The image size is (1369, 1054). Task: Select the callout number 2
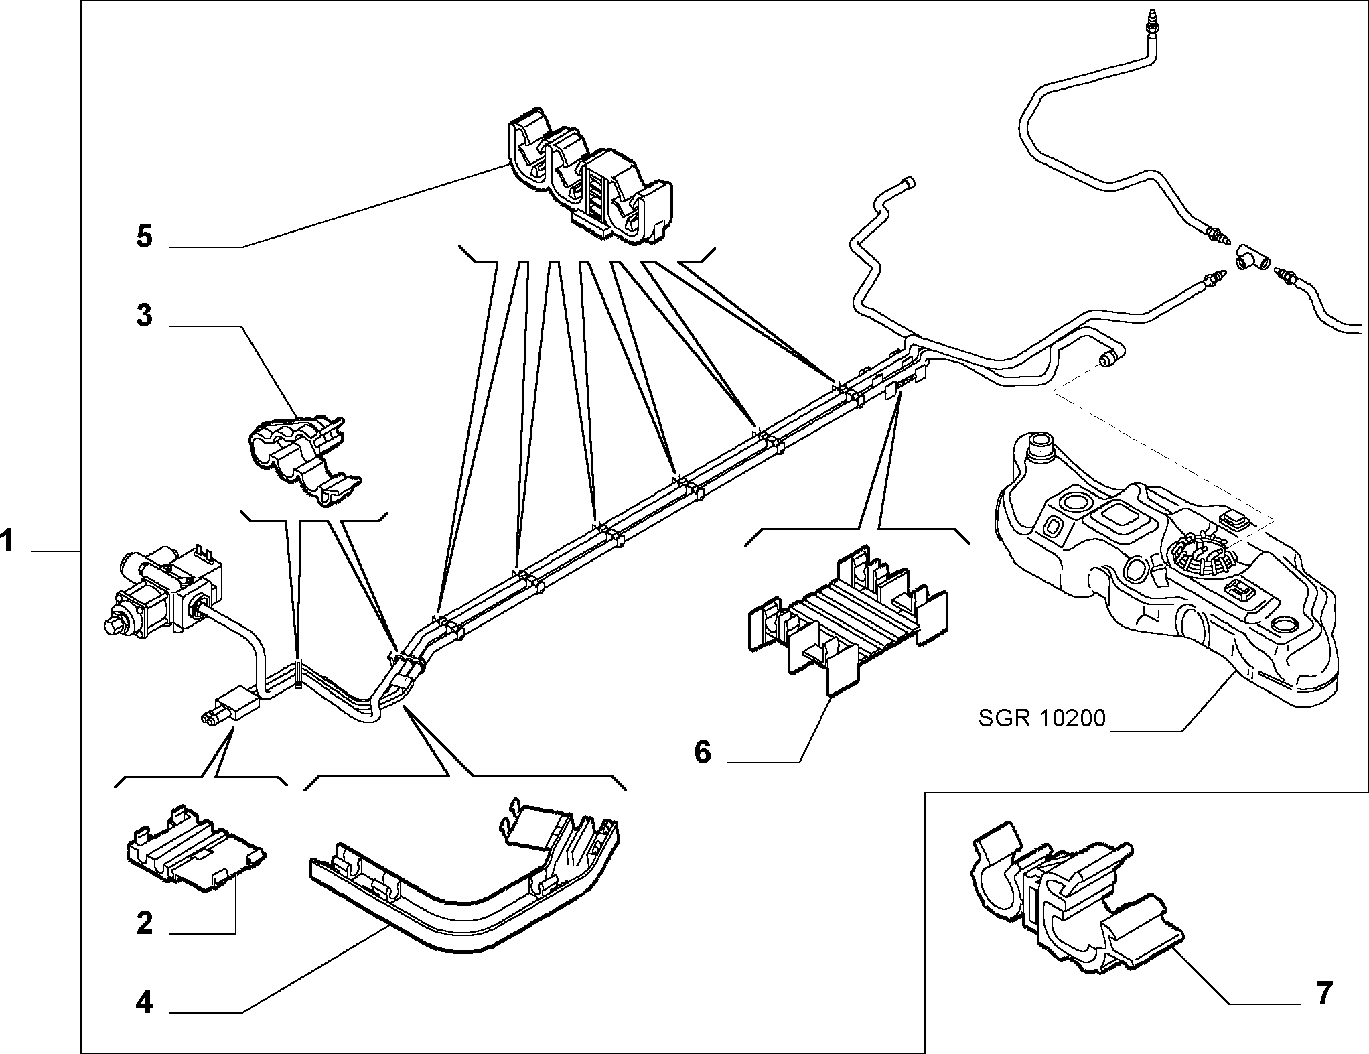click(x=145, y=923)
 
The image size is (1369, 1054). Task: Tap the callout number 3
click(x=145, y=315)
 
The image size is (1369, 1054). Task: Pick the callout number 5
click(x=145, y=237)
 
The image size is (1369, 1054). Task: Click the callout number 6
click(x=702, y=752)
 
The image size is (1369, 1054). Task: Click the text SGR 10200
click(x=1041, y=718)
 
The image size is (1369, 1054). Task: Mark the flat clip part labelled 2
click(x=196, y=848)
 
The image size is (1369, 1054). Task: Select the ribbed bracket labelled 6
click(x=847, y=618)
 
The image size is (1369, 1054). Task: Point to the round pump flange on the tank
click(x=1202, y=549)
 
